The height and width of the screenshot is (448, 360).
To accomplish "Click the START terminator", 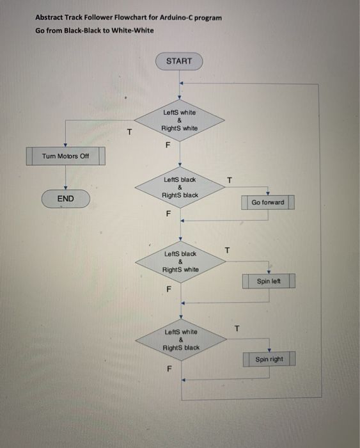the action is [x=179, y=61].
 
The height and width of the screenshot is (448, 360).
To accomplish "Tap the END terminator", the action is [x=66, y=198].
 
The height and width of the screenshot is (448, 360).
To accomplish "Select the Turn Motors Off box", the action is [x=66, y=156].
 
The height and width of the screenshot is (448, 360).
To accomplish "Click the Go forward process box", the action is [x=268, y=202].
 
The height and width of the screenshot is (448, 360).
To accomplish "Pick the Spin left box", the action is [x=269, y=281].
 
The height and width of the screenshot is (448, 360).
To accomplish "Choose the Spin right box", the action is [x=269, y=359].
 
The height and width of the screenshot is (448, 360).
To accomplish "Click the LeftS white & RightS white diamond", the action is [x=179, y=120].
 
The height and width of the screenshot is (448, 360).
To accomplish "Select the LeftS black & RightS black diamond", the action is [x=180, y=188].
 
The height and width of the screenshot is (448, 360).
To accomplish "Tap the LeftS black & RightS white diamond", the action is [x=180, y=262].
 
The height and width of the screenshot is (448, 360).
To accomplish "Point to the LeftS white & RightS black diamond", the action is [x=181, y=340].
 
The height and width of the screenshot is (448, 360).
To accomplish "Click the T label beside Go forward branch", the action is [x=230, y=180].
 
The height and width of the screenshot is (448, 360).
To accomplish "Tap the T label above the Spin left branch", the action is [x=227, y=250].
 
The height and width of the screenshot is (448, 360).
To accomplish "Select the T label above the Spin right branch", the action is [x=237, y=328].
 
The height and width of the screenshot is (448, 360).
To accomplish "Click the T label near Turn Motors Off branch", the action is [x=130, y=132].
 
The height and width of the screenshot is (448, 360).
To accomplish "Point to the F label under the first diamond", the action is [x=168, y=145].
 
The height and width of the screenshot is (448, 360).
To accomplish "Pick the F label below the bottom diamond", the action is [x=169, y=369].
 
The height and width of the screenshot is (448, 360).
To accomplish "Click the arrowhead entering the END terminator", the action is [x=66, y=188].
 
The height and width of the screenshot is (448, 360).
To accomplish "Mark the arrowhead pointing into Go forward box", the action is [x=268, y=194].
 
